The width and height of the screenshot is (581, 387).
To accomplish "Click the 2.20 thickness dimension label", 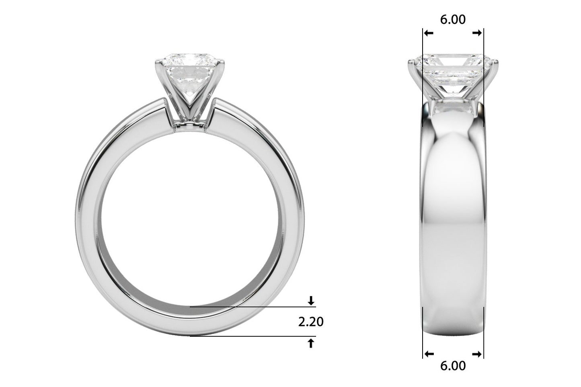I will tap(311, 321).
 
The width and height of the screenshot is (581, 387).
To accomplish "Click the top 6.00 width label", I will tap(453, 19).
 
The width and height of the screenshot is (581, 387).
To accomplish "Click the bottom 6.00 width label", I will tap(453, 366).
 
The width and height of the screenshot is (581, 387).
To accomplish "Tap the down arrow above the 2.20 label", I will tap(311, 300).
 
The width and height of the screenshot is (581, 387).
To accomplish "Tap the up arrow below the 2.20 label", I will tap(311, 343).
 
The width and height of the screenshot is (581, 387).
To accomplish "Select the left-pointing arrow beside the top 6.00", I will tap(429, 33).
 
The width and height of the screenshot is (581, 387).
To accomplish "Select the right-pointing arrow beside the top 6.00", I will tap(477, 33).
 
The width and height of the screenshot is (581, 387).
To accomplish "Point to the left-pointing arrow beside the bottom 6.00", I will tap(429, 354).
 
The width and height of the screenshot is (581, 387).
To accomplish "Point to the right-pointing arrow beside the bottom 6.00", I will tap(477, 354).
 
